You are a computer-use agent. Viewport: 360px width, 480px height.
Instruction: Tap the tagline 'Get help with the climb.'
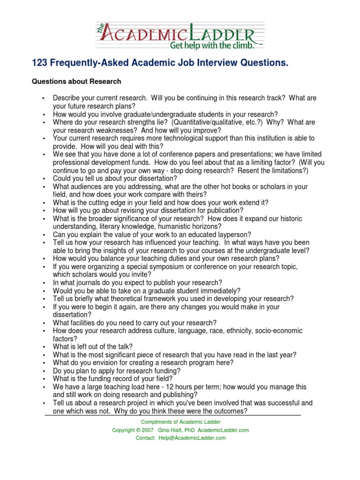point(212,45)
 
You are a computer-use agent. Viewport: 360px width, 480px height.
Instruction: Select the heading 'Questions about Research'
point(76,82)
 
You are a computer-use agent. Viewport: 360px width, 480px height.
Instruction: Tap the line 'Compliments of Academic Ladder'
point(181,422)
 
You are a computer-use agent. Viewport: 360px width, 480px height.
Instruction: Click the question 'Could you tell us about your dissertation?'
point(115,178)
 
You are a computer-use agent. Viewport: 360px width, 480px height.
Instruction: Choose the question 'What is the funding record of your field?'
point(113,379)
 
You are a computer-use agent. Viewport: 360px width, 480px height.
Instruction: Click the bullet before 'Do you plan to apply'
point(43,371)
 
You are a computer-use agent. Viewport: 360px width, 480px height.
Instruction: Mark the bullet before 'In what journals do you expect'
point(43,283)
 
